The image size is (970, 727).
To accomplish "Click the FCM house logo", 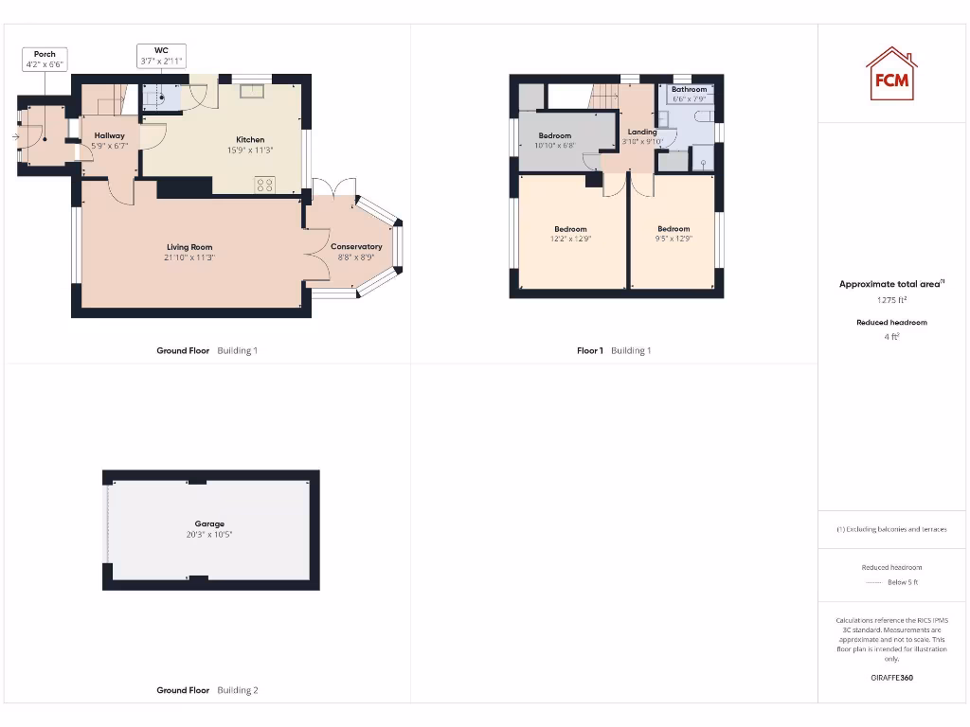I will click(891, 74).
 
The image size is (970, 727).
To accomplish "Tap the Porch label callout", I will click(45, 60).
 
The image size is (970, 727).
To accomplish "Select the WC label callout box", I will click(160, 55).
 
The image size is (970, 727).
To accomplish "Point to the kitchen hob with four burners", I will click(263, 185).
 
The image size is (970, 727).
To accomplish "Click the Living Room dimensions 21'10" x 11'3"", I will click(189, 257).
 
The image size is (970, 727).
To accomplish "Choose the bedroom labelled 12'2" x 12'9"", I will click(570, 233).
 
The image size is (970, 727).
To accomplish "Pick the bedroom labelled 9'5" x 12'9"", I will click(674, 233).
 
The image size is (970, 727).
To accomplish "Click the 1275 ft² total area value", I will click(891, 300).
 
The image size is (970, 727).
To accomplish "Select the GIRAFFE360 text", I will click(891, 678).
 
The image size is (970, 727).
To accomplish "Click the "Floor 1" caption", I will click(589, 350).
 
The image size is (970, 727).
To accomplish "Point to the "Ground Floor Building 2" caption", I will click(207, 690).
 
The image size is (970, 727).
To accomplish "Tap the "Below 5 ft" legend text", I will click(903, 582).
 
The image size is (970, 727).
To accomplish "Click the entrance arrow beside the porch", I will click(15, 137).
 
